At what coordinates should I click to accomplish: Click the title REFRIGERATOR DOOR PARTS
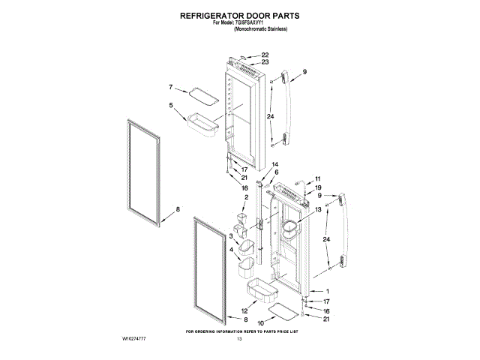point(239,14)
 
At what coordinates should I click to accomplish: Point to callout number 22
point(265,55)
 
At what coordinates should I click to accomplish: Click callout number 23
point(265,62)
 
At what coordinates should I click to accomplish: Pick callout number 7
point(171,87)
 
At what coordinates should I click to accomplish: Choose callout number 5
point(171,106)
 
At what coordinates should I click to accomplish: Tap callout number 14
point(275,164)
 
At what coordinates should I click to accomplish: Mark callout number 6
point(275,172)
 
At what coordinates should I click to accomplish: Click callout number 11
point(317,178)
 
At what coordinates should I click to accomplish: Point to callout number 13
point(317,211)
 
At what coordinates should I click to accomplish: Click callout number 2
point(245,197)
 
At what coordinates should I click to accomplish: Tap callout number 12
point(244,310)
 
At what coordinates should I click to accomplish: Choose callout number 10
point(261,323)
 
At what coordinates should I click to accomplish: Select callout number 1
point(326,291)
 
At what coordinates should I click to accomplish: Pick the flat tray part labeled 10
point(287,310)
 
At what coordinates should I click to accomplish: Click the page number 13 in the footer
point(240,340)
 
